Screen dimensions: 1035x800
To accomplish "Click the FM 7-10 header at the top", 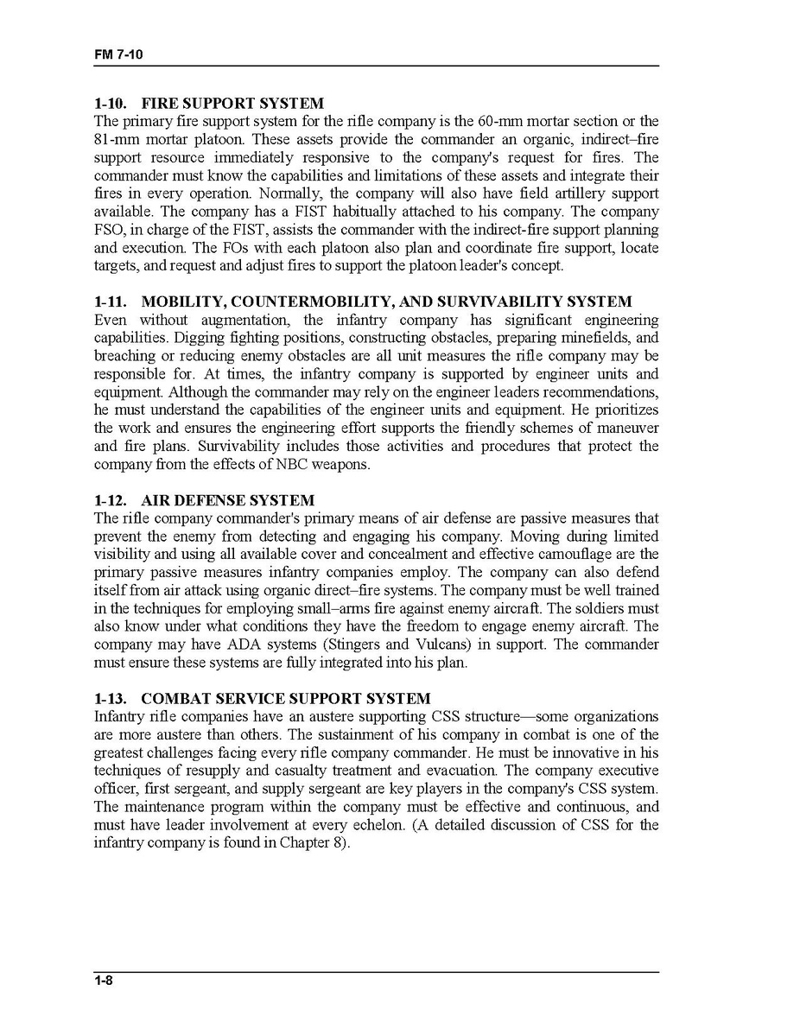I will click(x=118, y=54).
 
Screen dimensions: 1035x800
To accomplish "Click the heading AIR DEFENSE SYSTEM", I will click(x=227, y=500).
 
